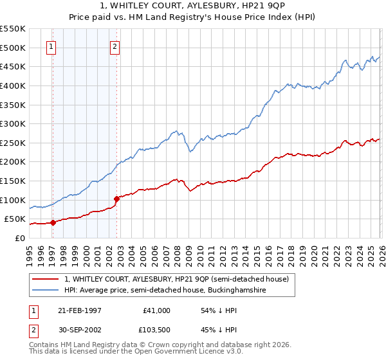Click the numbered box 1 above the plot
51,46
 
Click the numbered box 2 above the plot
115,46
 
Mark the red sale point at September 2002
116,199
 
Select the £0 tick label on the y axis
21,238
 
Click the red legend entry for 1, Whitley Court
179,279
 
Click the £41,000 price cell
157,310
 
